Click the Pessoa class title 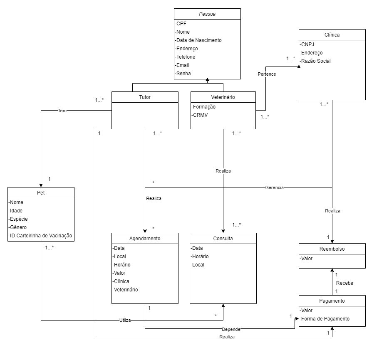point(207,14)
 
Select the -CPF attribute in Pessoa point(181,24)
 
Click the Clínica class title point(332,35)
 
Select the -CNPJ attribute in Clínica point(307,44)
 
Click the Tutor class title point(145,97)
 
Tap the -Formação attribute point(203,107)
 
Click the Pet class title point(41,193)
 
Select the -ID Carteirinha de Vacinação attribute point(40,236)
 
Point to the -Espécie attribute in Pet point(20,219)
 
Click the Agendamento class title point(145,239)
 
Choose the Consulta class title point(223,239)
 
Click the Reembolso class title point(332,249)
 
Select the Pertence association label point(267,74)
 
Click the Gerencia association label point(274,187)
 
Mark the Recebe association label point(344,283)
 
